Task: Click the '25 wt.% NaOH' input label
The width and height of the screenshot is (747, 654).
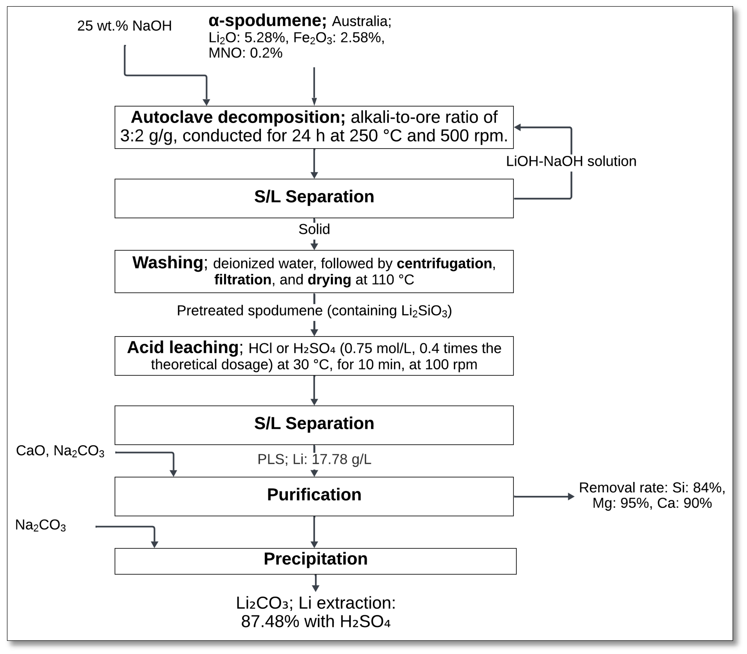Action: click(x=124, y=26)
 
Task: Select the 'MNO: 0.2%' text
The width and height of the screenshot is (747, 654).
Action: click(x=245, y=53)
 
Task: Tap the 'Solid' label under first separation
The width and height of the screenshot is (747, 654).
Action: click(x=314, y=229)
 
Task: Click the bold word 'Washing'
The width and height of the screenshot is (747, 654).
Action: click(x=168, y=262)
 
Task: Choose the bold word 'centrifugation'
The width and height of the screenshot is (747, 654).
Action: click(x=444, y=264)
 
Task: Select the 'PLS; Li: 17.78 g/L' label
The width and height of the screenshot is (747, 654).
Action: click(x=314, y=459)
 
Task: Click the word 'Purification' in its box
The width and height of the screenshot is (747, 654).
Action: click(x=314, y=495)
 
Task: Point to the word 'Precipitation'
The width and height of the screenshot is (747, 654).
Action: click(x=315, y=559)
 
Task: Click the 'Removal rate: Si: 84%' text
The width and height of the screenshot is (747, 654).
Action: click(x=652, y=488)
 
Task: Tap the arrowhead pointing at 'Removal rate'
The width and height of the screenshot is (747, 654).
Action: click(x=571, y=496)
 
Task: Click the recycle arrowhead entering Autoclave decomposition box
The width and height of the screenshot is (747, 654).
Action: click(x=517, y=127)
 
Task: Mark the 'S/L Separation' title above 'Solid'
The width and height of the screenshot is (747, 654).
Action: click(x=314, y=197)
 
